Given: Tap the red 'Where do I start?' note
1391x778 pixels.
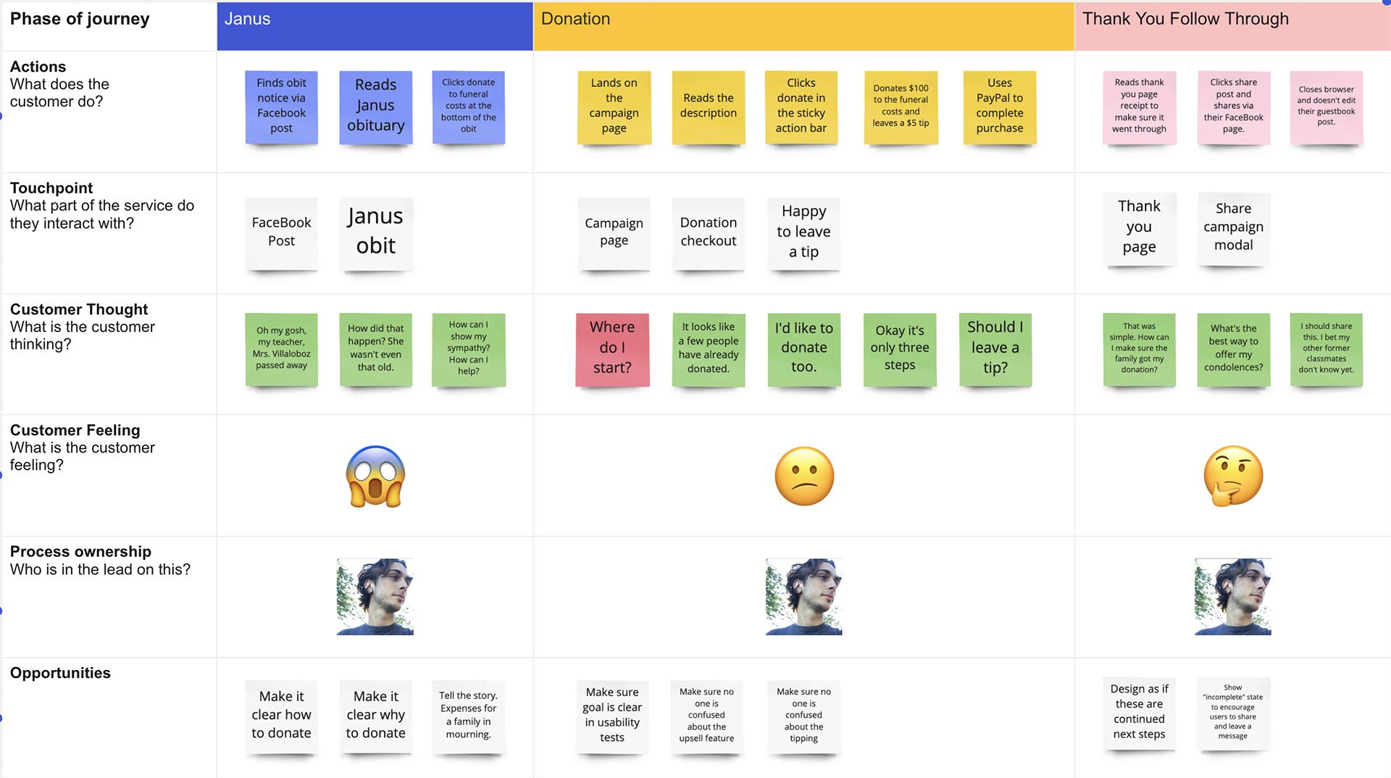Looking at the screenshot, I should [x=612, y=348].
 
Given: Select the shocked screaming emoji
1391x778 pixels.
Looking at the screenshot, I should [x=375, y=476].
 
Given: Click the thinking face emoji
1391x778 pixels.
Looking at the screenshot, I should [x=1233, y=476].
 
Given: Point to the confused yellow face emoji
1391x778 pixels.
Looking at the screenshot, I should [x=804, y=476].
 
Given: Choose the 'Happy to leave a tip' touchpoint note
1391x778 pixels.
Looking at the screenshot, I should [x=803, y=232].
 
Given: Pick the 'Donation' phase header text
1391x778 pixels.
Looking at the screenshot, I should [x=575, y=19].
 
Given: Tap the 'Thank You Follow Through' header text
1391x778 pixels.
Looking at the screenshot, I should [x=1185, y=19].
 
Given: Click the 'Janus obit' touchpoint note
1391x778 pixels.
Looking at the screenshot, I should [x=375, y=232].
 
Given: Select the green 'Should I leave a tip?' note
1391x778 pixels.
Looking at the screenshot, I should [x=995, y=348].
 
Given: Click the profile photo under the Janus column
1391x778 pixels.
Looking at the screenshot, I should [x=375, y=597].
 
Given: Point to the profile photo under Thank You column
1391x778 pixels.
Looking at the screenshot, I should [x=1233, y=597].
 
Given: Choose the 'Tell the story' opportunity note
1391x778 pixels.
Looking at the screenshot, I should [x=468, y=716].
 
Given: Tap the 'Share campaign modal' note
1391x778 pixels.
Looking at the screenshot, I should [x=1233, y=228].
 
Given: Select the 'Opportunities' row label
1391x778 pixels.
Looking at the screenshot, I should [x=60, y=673].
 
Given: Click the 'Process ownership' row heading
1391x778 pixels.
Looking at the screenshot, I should [x=80, y=552].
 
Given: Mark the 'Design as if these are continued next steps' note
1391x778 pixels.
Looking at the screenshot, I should [x=1139, y=712].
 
